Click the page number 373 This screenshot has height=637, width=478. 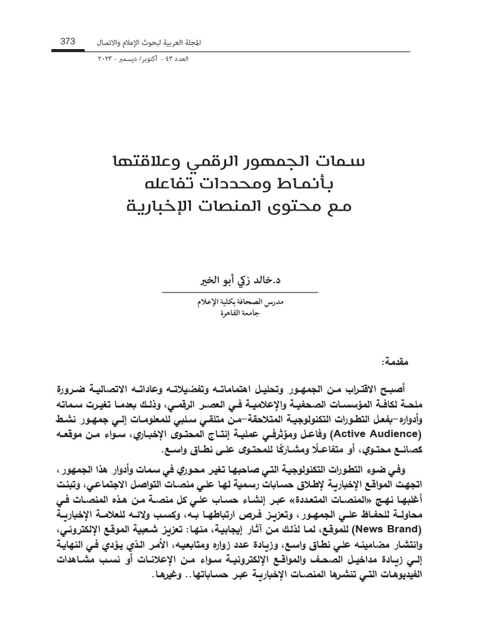click(x=67, y=41)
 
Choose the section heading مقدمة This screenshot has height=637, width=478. click(x=397, y=362)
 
